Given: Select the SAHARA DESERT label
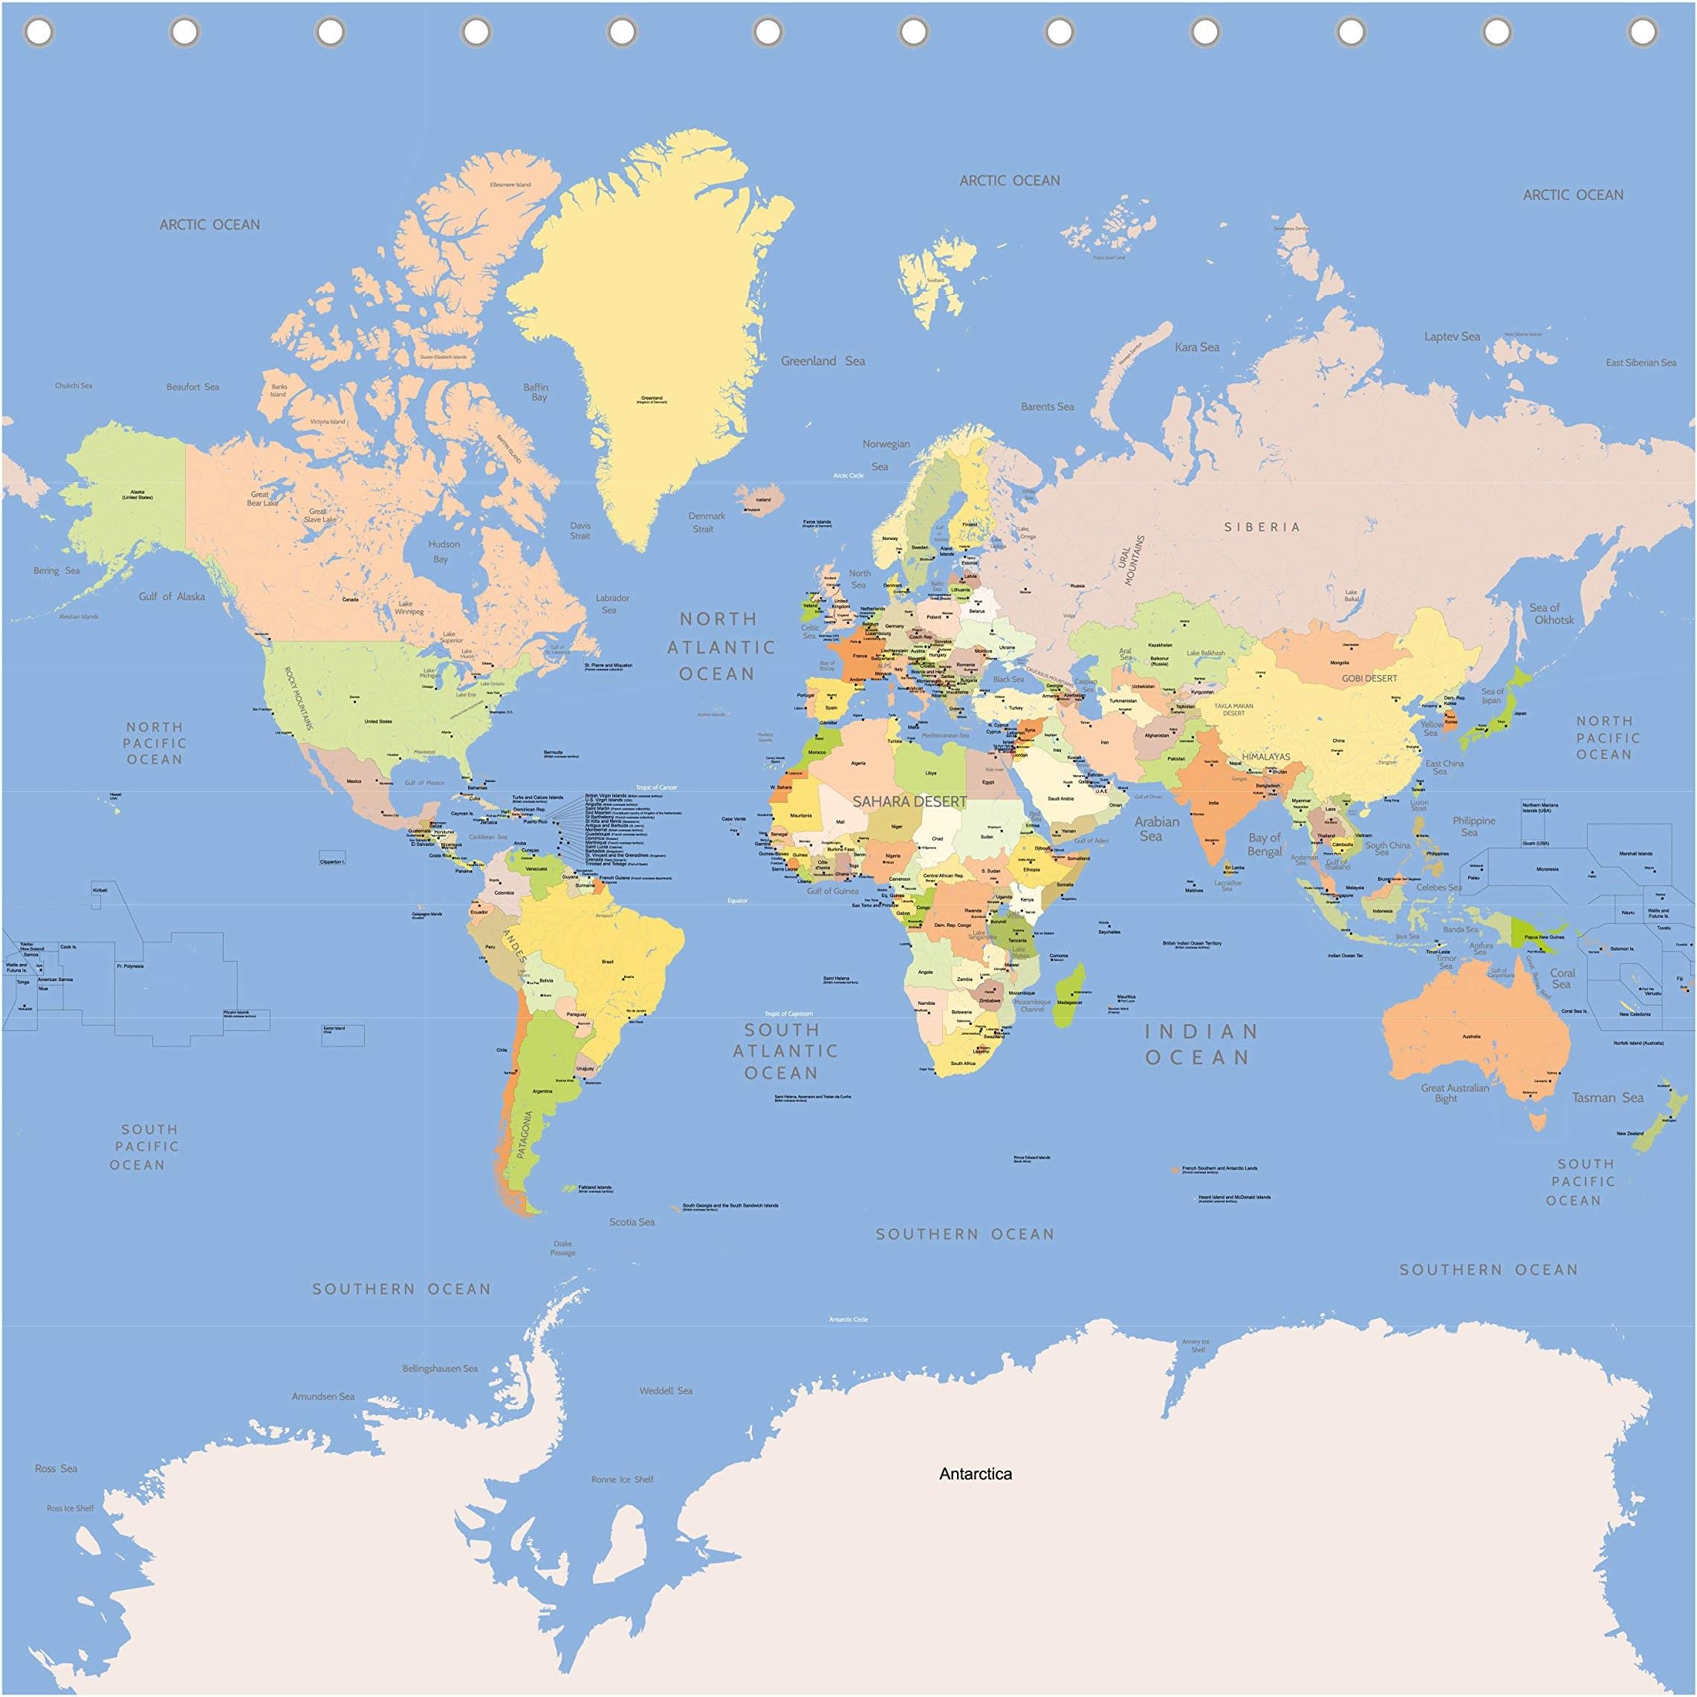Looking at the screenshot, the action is [909, 801].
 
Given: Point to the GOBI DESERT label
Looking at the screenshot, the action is [1369, 678].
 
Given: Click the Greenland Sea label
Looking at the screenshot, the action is [822, 361].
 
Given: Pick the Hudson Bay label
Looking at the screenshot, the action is [443, 551].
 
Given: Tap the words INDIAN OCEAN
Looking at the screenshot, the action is [1201, 1043].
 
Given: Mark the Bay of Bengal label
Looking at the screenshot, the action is [1265, 844].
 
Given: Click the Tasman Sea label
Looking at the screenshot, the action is [1606, 1097].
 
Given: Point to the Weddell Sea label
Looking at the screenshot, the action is [665, 1390].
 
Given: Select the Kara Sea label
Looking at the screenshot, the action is [1196, 347].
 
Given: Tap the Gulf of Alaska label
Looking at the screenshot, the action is [172, 596].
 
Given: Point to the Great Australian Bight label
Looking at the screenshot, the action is [1455, 1092].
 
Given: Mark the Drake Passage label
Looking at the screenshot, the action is [562, 1248].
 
